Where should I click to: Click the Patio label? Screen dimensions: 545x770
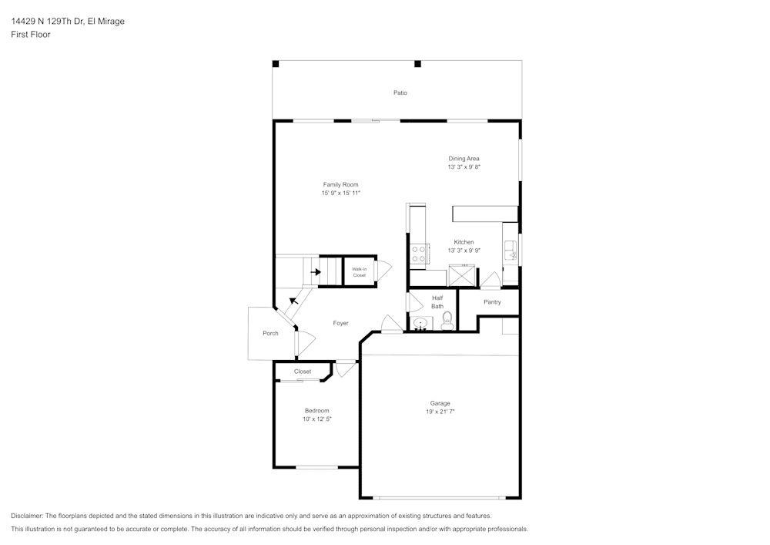[400, 93]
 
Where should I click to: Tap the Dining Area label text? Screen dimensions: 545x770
[464, 159]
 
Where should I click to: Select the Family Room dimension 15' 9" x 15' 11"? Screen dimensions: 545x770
[340, 193]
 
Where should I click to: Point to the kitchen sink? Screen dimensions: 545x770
[511, 251]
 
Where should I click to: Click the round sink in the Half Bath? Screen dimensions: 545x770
[420, 322]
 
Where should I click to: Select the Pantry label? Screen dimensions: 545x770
[492, 302]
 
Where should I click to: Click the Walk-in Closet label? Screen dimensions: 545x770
[359, 271]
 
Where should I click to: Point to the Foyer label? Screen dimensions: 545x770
[340, 323]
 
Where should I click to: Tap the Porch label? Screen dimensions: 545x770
[270, 333]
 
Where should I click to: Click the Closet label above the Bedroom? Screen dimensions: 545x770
[303, 372]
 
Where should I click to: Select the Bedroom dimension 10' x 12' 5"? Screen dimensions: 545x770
[316, 419]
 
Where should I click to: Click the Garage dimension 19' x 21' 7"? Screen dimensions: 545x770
[440, 412]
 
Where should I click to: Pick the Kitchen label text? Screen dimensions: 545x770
[464, 242]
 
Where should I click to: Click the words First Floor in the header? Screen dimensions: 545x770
[31, 35]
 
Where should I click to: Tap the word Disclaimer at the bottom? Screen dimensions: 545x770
[28, 516]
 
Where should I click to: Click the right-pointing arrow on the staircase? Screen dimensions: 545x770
[316, 271]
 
